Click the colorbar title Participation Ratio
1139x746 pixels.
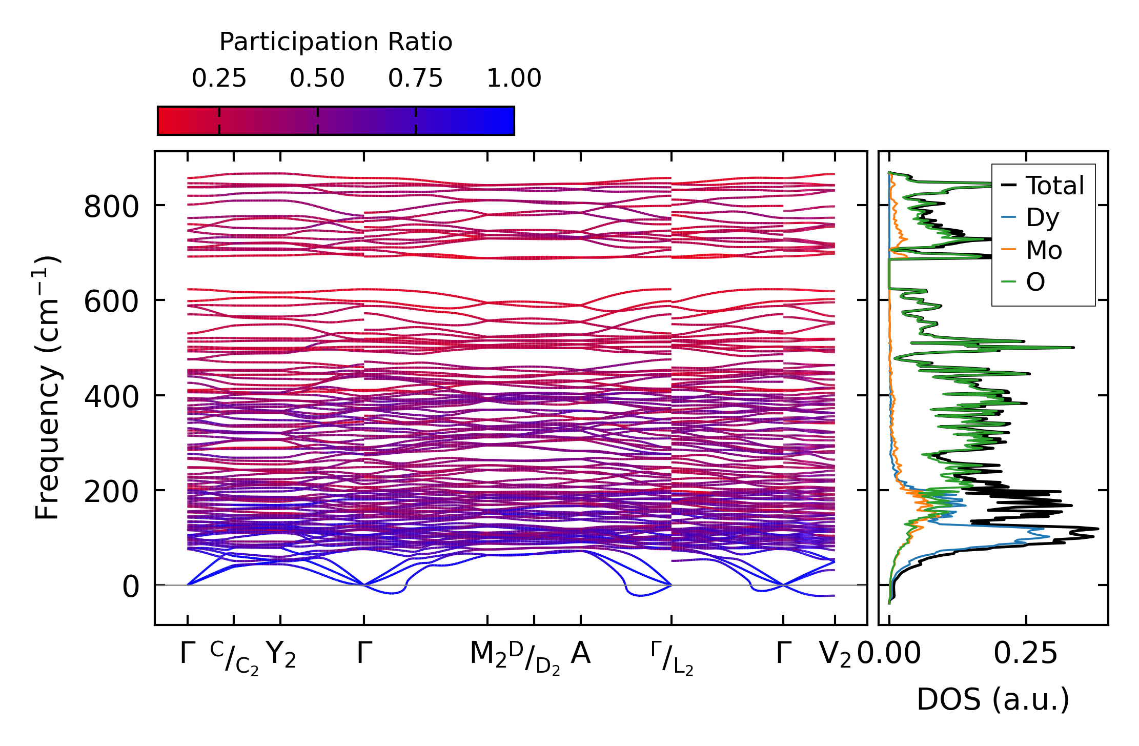coord(336,42)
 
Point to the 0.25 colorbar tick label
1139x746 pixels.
coord(219,78)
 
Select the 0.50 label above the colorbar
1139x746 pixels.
coord(317,78)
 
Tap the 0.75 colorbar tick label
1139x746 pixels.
coord(415,78)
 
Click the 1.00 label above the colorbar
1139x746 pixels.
coord(514,78)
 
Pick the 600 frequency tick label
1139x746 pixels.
coord(111,301)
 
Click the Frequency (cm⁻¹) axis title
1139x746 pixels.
coord(48,388)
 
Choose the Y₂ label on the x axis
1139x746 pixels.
coord(281,655)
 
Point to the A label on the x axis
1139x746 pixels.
coord(580,654)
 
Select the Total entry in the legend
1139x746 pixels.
coord(1054,186)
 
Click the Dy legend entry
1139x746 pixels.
coord(1042,218)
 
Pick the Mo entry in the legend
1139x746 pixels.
coord(1044,250)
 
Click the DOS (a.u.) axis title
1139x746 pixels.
coord(993,700)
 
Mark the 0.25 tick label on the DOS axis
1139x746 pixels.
coord(1025,654)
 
